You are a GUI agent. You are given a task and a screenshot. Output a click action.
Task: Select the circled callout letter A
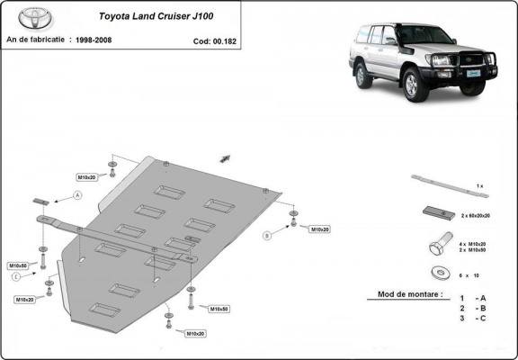78,195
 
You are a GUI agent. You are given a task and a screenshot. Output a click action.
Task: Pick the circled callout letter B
267,236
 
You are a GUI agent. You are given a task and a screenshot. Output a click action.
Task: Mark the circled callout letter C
16,276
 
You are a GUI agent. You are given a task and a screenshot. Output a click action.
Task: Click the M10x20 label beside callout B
320,230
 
